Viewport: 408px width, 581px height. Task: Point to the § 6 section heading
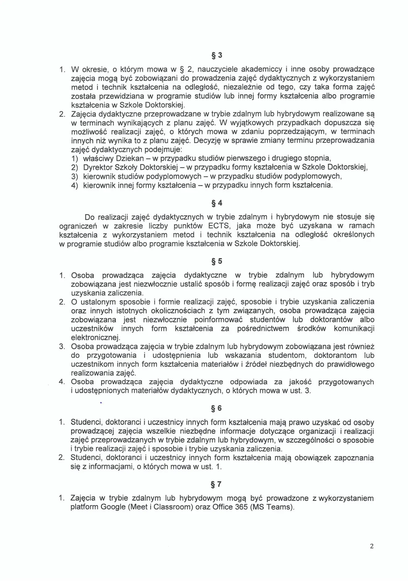point(216,408)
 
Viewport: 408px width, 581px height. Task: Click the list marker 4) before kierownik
point(74,186)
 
